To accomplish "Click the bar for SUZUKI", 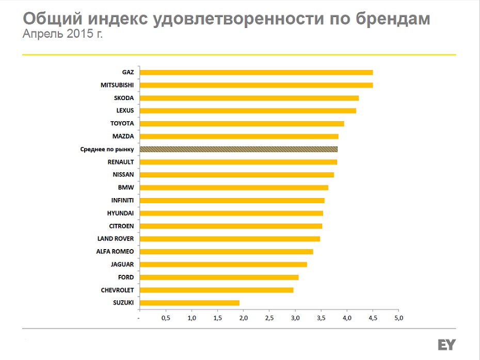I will tap(189, 303).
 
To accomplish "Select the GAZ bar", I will tap(256, 72).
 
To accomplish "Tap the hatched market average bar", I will tap(238, 149).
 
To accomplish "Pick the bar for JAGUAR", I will tap(223, 265).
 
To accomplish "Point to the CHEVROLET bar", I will tap(217, 290).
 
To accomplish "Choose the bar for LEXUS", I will tap(248, 110).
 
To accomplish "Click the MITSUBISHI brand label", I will tap(117, 85).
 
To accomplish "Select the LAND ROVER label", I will tap(116, 239).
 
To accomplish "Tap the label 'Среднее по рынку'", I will tap(107, 149).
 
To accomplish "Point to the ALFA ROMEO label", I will tap(115, 252).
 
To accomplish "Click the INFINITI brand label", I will tap(122, 200).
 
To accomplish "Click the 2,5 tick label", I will tap(269, 318).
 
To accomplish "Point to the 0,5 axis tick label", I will tap(166, 318).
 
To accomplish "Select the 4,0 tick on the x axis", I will tap(347, 318).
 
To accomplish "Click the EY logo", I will tap(446, 345).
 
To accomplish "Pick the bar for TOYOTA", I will tap(242, 123).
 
